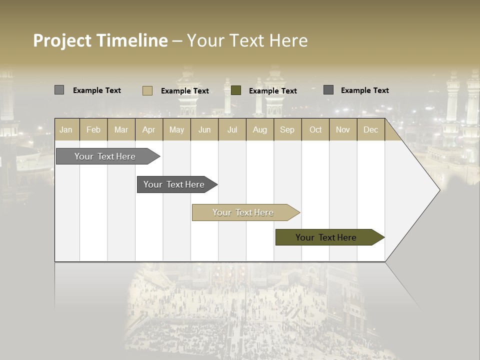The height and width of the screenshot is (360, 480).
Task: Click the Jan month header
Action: click(66, 129)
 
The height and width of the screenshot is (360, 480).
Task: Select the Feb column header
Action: click(93, 129)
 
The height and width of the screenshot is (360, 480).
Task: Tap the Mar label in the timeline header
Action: click(121, 129)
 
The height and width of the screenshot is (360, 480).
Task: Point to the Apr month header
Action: click(148, 129)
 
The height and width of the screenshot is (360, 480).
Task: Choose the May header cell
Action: click(176, 129)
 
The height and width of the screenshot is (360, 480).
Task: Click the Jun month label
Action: click(204, 129)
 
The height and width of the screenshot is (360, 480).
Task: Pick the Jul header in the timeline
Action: click(232, 129)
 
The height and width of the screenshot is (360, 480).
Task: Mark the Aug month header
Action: click(260, 129)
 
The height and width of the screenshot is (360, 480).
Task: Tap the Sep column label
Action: click(287, 129)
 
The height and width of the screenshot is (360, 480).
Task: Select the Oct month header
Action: click(315, 129)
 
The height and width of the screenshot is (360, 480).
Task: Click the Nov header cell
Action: click(343, 129)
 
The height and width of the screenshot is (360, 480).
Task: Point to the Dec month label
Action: click(371, 129)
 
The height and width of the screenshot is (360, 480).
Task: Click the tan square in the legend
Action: click(147, 90)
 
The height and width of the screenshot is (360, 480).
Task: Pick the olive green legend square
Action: click(236, 90)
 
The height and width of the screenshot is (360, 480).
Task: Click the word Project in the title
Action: click(62, 40)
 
